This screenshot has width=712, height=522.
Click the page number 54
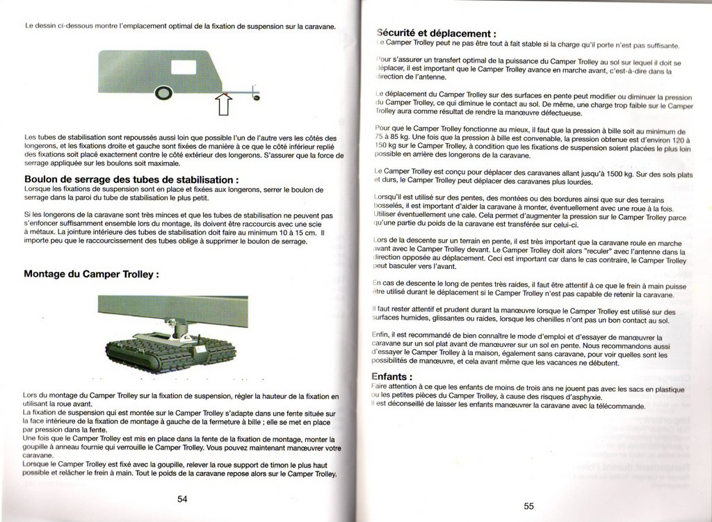(x=182, y=498)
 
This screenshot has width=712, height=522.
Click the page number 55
(x=528, y=506)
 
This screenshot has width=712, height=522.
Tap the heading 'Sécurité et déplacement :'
(x=436, y=33)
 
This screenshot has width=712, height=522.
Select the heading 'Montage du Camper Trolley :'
(x=91, y=274)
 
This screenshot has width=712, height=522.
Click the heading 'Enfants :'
(x=393, y=377)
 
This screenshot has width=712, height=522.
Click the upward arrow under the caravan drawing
(x=224, y=104)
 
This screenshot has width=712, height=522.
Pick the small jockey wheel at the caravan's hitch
(x=256, y=97)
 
